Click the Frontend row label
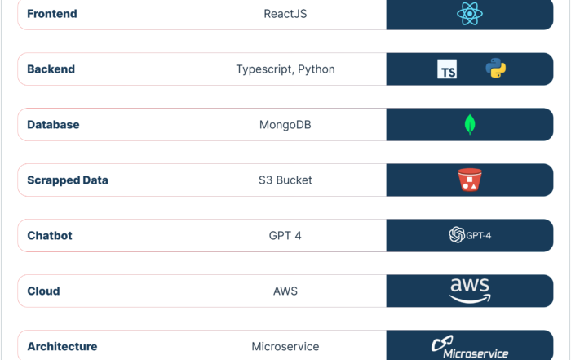(x=52, y=14)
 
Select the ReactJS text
(x=285, y=14)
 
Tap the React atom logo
(x=470, y=14)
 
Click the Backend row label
(x=51, y=69)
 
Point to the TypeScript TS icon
(x=447, y=69)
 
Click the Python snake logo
(x=496, y=68)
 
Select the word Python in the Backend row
(x=316, y=69)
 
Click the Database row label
(x=53, y=125)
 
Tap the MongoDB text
(x=285, y=125)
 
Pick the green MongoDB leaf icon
(x=470, y=124)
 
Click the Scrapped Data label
(x=68, y=180)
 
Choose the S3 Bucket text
(x=285, y=180)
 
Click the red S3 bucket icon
(x=470, y=180)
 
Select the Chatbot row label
(x=50, y=235)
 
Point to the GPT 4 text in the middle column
(x=285, y=235)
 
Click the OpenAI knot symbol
(x=457, y=234)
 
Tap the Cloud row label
(x=43, y=291)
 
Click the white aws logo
(x=470, y=291)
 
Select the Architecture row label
(x=62, y=346)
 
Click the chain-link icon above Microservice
(x=442, y=343)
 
